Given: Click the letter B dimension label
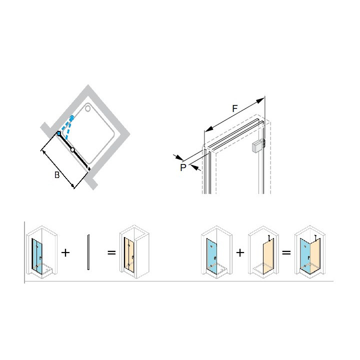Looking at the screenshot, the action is [57, 175].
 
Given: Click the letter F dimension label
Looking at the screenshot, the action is [234, 108].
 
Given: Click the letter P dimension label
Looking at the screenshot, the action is [183, 167].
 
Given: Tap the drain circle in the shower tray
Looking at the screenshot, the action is [88, 108].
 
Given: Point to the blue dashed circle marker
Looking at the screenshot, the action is [72, 118].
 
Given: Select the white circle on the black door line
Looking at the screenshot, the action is [73, 150].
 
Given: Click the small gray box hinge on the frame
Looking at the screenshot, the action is [258, 146].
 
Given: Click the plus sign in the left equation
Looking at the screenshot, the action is [65, 253].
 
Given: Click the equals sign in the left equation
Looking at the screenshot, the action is [111, 253].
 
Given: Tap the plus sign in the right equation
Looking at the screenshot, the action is [240, 253].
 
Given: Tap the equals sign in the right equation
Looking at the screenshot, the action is [286, 253].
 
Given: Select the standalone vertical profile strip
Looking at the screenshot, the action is [88, 252].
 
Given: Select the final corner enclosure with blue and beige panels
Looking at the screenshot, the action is [310, 252].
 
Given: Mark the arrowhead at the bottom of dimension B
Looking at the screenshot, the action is [72, 185].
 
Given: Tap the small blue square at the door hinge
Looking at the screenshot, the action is [59, 133].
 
